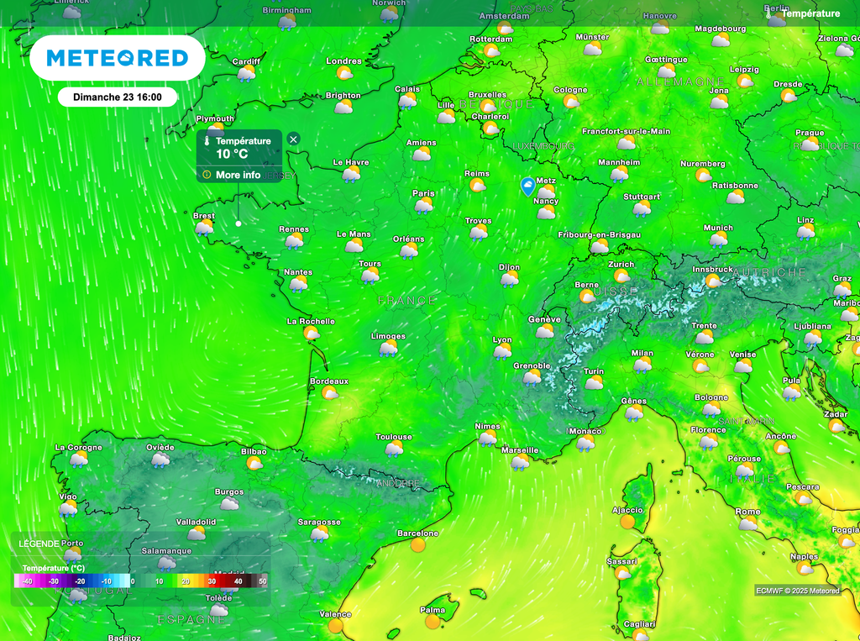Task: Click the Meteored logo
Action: click(117, 58)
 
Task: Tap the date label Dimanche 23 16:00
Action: click(118, 97)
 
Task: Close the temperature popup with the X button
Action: click(293, 139)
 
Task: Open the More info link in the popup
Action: click(238, 175)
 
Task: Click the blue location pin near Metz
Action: click(527, 186)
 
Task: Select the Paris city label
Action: click(424, 193)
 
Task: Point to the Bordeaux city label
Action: click(329, 381)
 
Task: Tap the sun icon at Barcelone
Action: click(418, 545)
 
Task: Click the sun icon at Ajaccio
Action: click(627, 522)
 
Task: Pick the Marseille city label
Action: click(519, 450)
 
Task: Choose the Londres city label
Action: click(343, 61)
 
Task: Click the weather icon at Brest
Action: click(205, 228)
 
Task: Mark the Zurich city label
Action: click(621, 264)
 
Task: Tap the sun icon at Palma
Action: click(433, 622)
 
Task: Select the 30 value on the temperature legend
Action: click(212, 581)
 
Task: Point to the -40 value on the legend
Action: click(27, 581)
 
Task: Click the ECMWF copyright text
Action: click(797, 591)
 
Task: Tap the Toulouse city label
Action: click(394, 437)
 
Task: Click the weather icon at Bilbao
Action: click(254, 463)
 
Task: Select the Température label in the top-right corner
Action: click(810, 13)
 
